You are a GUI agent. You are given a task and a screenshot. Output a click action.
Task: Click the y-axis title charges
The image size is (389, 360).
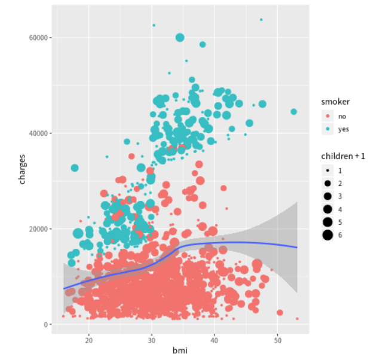click(x=22, y=169)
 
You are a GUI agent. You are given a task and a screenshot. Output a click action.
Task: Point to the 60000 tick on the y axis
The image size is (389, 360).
click(x=38, y=38)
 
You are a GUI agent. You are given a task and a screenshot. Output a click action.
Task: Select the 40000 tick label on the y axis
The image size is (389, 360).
click(x=38, y=133)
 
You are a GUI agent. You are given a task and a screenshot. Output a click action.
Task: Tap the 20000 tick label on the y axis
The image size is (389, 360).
click(x=38, y=229)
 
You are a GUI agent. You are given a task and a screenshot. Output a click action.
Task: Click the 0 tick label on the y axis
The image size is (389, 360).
click(x=46, y=325)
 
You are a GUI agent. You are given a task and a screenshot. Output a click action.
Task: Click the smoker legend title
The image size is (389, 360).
click(x=335, y=102)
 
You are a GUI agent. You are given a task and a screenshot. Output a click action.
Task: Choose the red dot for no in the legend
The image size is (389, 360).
click(x=327, y=116)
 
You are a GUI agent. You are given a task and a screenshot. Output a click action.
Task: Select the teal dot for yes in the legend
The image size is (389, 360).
click(x=327, y=129)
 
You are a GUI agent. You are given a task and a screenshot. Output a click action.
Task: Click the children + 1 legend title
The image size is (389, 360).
click(x=343, y=156)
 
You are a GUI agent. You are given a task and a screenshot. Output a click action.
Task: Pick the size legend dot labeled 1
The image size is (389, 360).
click(x=327, y=170)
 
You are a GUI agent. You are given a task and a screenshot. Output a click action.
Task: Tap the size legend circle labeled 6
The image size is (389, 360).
click(x=327, y=235)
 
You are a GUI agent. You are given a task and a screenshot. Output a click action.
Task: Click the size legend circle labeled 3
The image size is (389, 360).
click(x=327, y=196)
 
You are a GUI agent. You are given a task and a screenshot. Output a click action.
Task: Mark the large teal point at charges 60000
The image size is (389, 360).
click(x=180, y=38)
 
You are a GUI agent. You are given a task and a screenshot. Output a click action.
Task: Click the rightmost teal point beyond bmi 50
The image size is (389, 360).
click(x=293, y=112)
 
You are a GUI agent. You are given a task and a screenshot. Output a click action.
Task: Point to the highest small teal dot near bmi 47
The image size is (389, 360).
click(x=261, y=20)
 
